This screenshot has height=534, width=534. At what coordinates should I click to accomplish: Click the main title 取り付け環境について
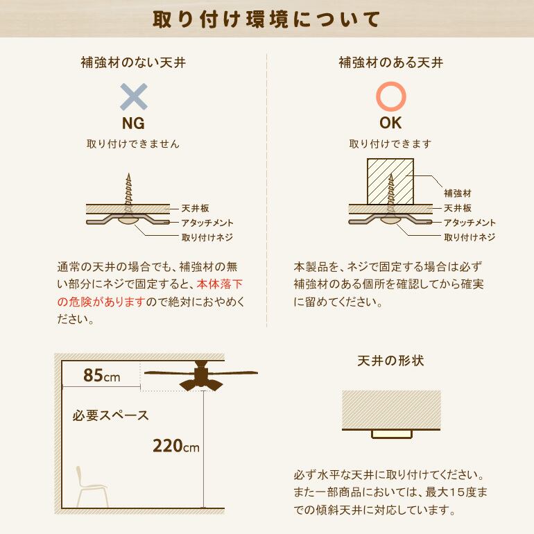[x=267, y=19]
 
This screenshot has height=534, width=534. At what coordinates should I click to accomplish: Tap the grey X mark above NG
[x=134, y=97]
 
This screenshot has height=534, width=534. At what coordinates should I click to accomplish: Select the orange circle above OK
[x=390, y=97]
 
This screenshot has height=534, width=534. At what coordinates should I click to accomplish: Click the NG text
[x=133, y=124]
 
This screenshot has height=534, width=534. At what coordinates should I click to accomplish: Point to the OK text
[x=390, y=124]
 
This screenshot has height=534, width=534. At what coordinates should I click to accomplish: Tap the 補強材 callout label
[x=458, y=193]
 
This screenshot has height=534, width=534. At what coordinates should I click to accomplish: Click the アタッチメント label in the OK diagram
[x=470, y=223]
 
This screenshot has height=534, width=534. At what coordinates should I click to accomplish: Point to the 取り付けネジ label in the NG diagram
[x=207, y=237]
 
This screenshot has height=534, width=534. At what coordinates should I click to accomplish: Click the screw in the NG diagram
[x=128, y=191]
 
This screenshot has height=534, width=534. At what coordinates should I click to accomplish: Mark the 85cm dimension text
[x=101, y=376]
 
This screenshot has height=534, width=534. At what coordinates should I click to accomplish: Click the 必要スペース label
[x=110, y=416]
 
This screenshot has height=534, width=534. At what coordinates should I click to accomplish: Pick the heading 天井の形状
[x=390, y=361]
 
